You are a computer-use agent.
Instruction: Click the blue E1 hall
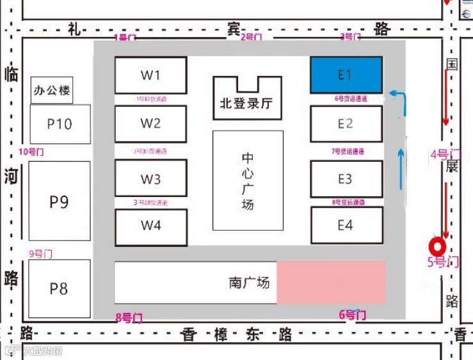(x=346, y=75)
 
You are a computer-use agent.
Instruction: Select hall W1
(x=150, y=75)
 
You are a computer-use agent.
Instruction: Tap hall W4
(x=150, y=226)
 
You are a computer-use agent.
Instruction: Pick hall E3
(x=346, y=179)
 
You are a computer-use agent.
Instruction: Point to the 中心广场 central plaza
(x=247, y=181)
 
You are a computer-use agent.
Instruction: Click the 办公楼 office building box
(x=52, y=91)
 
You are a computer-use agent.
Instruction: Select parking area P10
(x=60, y=124)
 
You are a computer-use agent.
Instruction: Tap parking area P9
(x=59, y=201)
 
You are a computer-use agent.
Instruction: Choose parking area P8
(x=59, y=289)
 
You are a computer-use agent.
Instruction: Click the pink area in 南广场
(x=331, y=282)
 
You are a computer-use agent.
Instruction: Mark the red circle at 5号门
(x=438, y=246)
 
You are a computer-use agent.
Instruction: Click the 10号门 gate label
(x=31, y=152)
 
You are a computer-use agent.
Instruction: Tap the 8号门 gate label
(x=128, y=317)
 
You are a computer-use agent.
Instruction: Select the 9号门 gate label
(x=41, y=254)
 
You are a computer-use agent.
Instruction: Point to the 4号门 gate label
(x=445, y=154)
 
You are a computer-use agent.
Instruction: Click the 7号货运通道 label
(x=348, y=152)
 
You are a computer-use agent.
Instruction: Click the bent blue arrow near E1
(x=399, y=100)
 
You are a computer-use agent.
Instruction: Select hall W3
(x=150, y=179)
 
